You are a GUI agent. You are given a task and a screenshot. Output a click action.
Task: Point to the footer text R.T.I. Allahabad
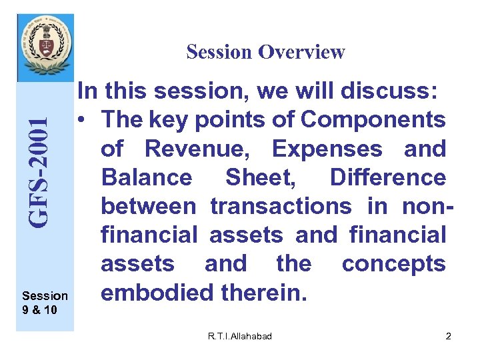click(239, 337)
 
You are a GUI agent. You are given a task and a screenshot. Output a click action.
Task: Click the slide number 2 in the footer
click(448, 337)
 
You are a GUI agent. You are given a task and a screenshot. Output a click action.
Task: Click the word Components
click(373, 120)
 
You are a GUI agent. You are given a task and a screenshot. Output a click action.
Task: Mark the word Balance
click(146, 177)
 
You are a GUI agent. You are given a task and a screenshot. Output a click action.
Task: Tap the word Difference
click(387, 177)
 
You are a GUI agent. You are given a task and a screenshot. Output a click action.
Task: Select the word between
click(148, 206)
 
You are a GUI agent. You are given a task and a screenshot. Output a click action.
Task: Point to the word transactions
click(281, 206)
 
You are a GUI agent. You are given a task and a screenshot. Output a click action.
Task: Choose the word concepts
click(393, 263)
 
